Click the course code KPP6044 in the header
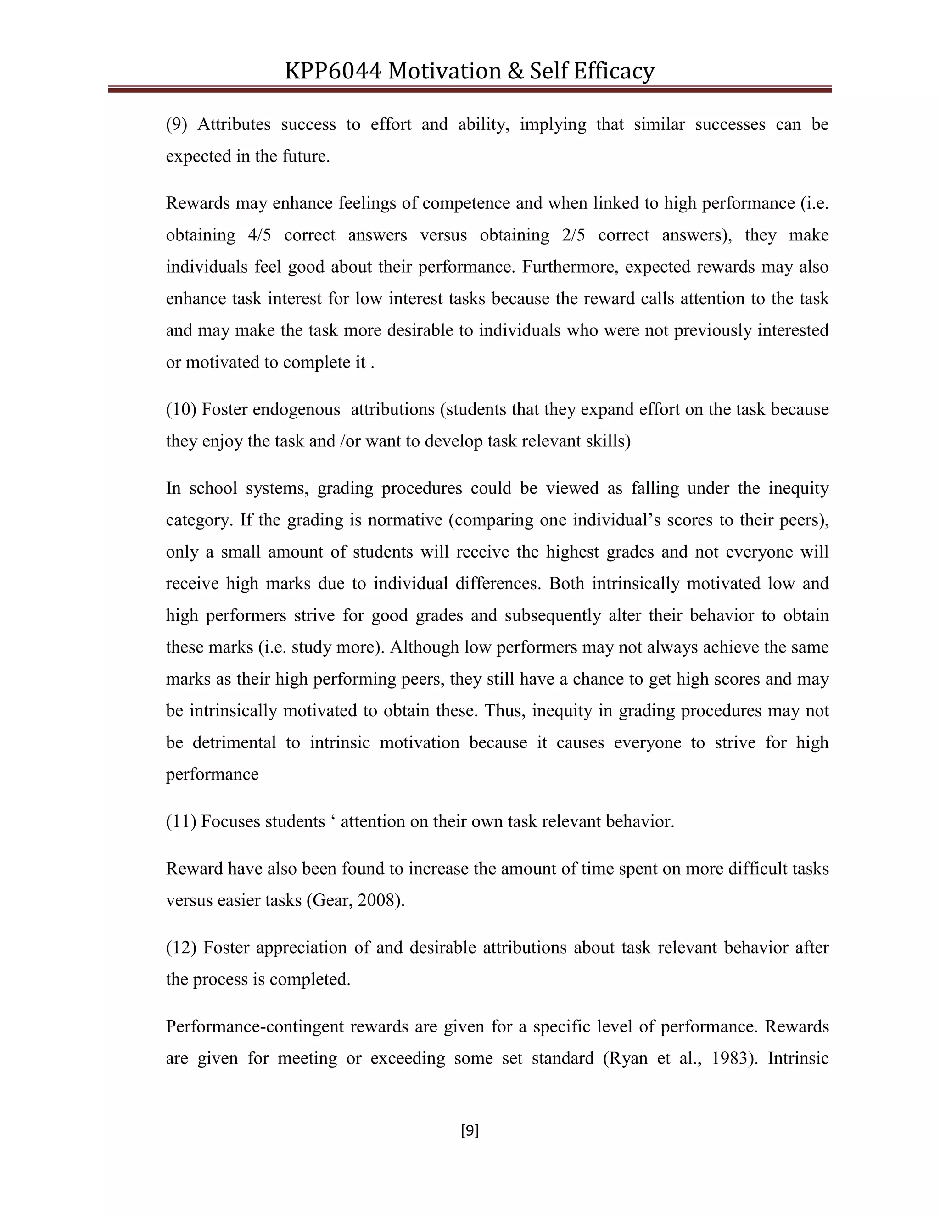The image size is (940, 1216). (333, 71)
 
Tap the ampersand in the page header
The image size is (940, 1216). (515, 71)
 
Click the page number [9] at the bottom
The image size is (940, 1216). (470, 1130)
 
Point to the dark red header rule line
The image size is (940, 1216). (470, 89)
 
